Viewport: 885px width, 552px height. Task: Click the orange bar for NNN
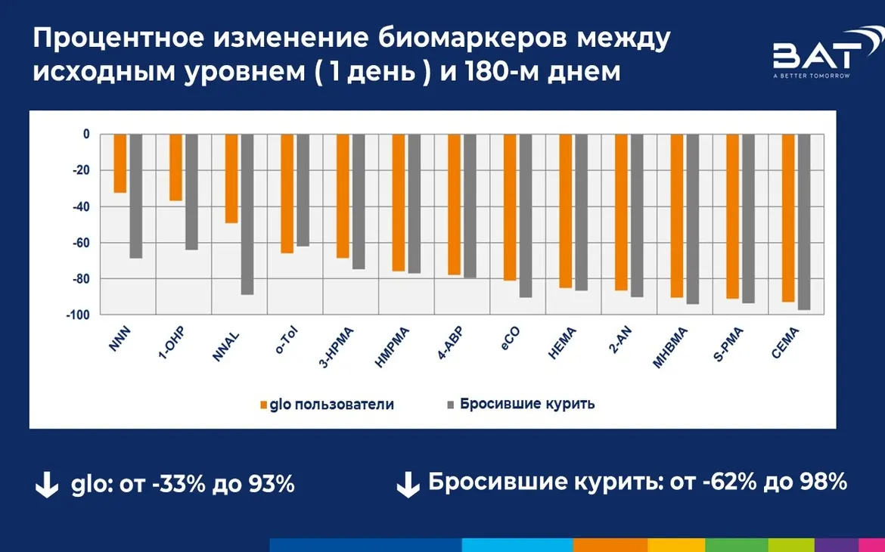(120, 163)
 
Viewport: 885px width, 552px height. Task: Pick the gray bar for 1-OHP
(191, 192)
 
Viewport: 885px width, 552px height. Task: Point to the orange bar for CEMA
(788, 219)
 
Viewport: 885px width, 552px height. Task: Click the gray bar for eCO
(525, 216)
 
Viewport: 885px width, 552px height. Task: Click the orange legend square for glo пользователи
(263, 405)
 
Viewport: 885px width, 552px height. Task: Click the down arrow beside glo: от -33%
(47, 485)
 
